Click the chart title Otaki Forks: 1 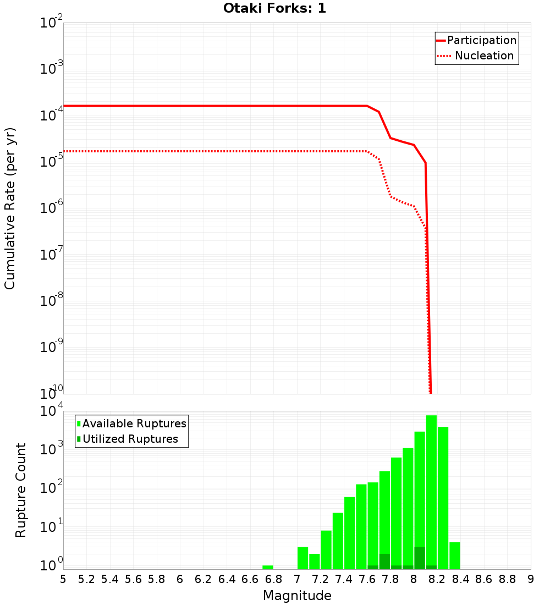click(x=274, y=8)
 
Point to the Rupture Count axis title click(x=21, y=490)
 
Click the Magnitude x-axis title click(x=297, y=596)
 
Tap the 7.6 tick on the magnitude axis click(x=367, y=579)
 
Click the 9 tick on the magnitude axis click(x=531, y=579)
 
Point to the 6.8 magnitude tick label click(x=274, y=579)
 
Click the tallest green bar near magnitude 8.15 click(x=431, y=492)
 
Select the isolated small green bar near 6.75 click(x=268, y=567)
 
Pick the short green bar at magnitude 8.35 click(x=454, y=555)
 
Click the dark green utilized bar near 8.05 click(x=420, y=558)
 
